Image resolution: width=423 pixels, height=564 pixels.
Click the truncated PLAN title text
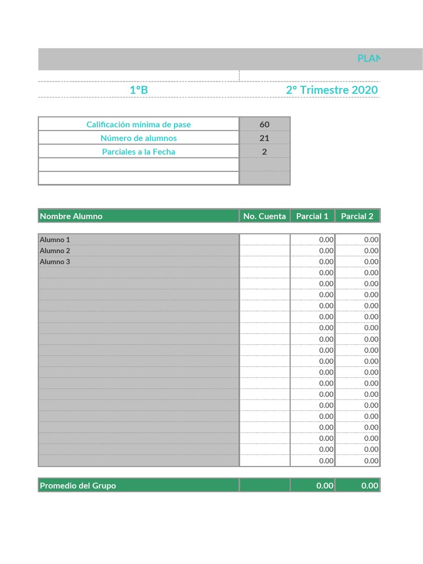pyautogui.click(x=368, y=58)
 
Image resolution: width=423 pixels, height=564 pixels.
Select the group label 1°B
pyautogui.click(x=139, y=90)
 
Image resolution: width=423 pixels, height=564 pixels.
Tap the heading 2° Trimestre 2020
pyautogui.click(x=332, y=90)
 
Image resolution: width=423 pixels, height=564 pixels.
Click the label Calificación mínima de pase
pyautogui.click(x=139, y=124)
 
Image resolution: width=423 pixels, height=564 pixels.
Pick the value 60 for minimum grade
pyautogui.click(x=264, y=124)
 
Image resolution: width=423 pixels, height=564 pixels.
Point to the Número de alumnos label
pyautogui.click(x=139, y=138)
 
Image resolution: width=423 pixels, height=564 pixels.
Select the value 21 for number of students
pyautogui.click(x=264, y=138)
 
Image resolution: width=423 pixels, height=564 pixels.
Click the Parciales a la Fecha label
pyautogui.click(x=139, y=152)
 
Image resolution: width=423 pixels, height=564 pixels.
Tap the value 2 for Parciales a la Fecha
pyautogui.click(x=264, y=152)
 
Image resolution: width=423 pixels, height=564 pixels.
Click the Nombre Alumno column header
pyautogui.click(x=71, y=216)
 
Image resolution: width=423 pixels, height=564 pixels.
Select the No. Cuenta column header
pyautogui.click(x=264, y=216)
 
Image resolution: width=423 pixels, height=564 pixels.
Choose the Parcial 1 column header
pyautogui.click(x=312, y=216)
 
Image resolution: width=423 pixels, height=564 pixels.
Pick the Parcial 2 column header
pyautogui.click(x=357, y=216)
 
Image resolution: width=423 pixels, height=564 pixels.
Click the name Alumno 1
pyautogui.click(x=55, y=240)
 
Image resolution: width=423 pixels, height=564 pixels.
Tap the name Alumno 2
pyautogui.click(x=55, y=251)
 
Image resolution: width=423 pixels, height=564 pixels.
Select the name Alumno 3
pyautogui.click(x=55, y=262)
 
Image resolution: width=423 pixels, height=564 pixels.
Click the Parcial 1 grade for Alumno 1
pyautogui.click(x=326, y=240)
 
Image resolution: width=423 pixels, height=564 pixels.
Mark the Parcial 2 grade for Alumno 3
pyautogui.click(x=371, y=262)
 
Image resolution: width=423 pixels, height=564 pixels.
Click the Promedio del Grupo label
pyautogui.click(x=78, y=485)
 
